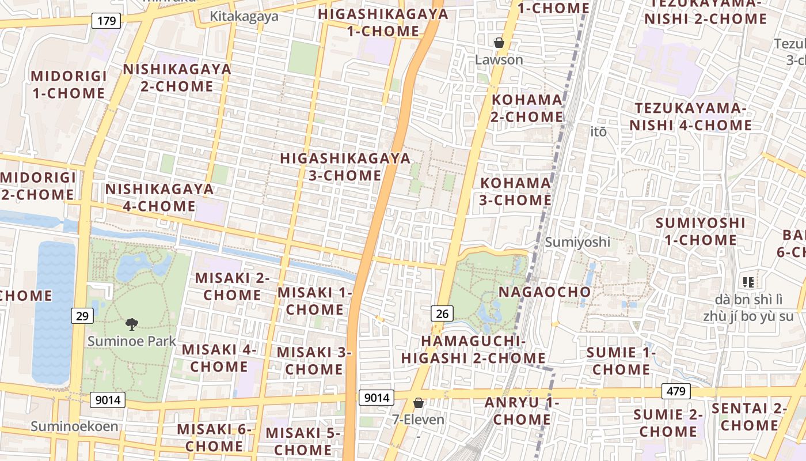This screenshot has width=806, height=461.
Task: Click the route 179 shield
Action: [107, 21]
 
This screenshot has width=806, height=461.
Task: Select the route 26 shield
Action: [442, 313]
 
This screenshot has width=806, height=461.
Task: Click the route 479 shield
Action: [676, 392]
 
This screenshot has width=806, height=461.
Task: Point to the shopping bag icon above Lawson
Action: [499, 43]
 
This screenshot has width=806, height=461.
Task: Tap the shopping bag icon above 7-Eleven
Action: [419, 403]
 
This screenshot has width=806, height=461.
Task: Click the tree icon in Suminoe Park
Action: [132, 324]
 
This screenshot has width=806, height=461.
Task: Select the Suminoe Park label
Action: [132, 341]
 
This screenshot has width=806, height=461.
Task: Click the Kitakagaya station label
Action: [244, 16]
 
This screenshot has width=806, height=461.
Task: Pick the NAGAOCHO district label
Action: [545, 292]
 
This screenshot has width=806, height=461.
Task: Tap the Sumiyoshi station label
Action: [577, 241]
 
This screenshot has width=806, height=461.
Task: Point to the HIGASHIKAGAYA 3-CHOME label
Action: [345, 167]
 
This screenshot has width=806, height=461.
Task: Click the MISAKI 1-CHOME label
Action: [314, 301]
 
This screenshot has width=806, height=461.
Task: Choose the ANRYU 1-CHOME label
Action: [522, 411]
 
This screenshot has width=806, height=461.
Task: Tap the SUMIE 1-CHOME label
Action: [621, 361]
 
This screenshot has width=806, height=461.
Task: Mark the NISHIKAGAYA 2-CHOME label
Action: [177, 78]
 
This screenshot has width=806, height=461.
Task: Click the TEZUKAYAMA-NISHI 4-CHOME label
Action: [690, 116]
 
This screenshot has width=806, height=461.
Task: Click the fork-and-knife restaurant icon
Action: [748, 282]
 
